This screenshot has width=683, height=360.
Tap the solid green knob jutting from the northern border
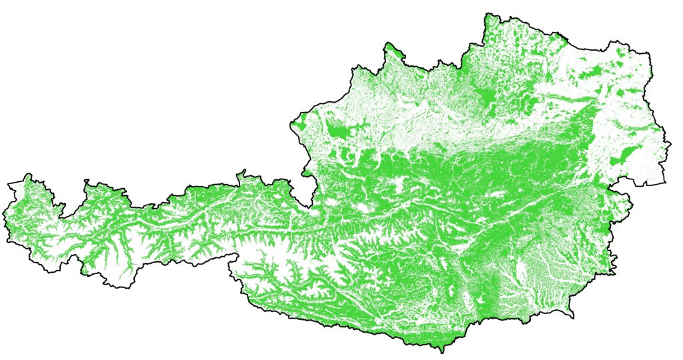coord(392,49)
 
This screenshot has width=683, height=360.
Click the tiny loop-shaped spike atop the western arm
coord(86,181)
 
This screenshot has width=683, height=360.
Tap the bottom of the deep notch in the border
coord(311,205)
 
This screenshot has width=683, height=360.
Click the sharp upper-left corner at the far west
coord(9,182)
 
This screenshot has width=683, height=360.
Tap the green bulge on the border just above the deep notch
coord(307,174)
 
